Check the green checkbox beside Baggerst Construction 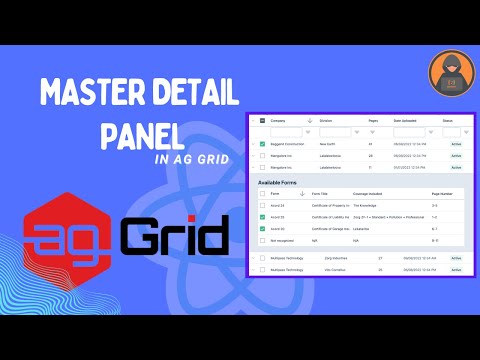[x=262, y=144]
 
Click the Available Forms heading [x=281, y=183]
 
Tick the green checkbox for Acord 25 [x=262, y=217]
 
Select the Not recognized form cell [x=283, y=240]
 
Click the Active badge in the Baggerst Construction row [x=456, y=144]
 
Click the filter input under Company [x=285, y=131]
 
